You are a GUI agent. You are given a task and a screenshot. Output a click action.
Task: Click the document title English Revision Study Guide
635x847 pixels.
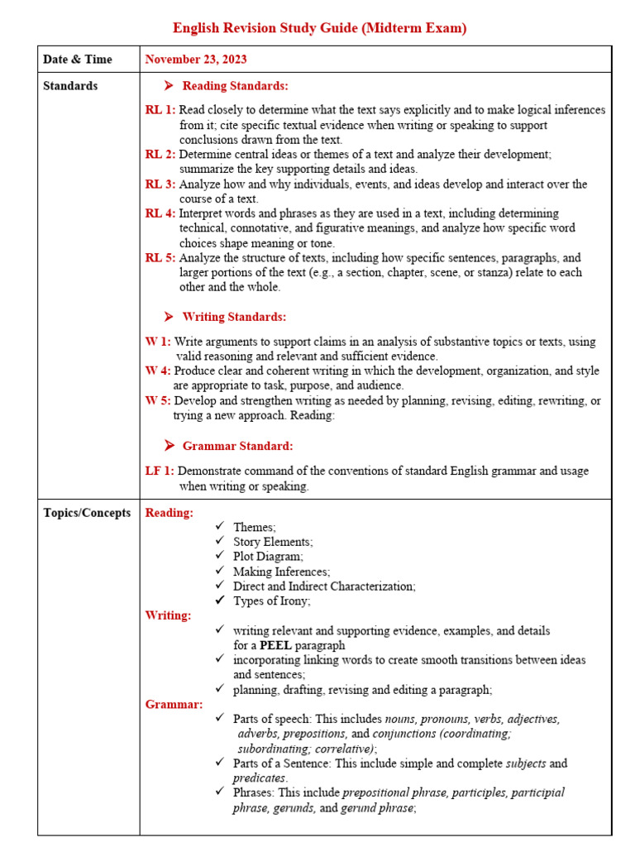tap(319, 28)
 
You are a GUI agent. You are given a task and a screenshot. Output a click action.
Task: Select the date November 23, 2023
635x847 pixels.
tap(196, 60)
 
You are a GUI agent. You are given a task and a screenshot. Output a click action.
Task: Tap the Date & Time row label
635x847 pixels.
tap(78, 60)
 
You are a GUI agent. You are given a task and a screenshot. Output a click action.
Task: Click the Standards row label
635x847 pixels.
tap(70, 86)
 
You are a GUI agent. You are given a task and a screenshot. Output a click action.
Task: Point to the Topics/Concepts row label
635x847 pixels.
tap(87, 513)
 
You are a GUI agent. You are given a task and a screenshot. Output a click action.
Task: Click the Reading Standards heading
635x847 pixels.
tap(235, 86)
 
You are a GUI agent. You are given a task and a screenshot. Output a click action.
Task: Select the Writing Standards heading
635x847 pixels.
tap(234, 317)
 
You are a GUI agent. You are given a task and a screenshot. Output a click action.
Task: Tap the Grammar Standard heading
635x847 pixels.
tap(237, 446)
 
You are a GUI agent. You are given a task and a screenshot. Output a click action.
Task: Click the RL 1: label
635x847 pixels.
tap(160, 110)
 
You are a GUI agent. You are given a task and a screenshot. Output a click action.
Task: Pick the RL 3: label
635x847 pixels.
tap(160, 184)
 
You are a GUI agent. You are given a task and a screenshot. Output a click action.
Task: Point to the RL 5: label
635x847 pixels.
tap(160, 258)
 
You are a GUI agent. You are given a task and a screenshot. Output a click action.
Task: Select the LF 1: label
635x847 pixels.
tap(160, 471)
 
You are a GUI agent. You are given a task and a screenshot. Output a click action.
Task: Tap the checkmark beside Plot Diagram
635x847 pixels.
tap(219, 557)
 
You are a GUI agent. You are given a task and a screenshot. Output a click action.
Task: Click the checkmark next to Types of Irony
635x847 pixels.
tap(219, 601)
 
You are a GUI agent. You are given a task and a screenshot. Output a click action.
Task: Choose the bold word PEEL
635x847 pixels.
tap(275, 645)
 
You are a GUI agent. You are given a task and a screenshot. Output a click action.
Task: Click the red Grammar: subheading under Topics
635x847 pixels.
tap(174, 705)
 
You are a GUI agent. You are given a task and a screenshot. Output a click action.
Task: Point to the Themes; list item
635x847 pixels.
tap(255, 527)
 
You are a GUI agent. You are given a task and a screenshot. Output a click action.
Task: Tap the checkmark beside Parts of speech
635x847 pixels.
tap(219, 719)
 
